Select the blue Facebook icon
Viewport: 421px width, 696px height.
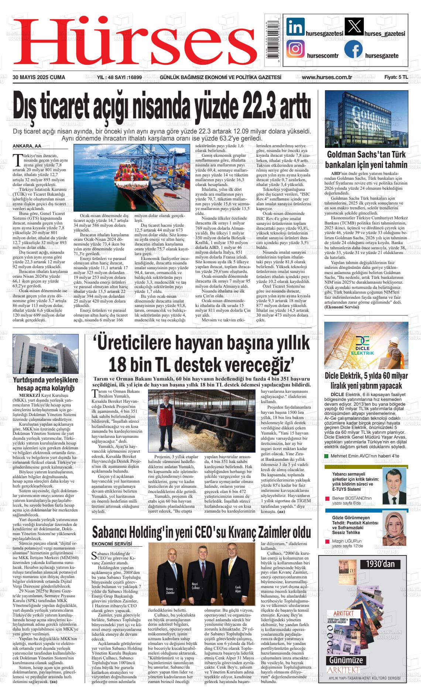(353, 49)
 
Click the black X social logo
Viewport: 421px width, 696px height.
(354, 27)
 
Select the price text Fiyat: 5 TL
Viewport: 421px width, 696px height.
(396, 77)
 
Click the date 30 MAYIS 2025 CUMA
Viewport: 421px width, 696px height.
(39, 77)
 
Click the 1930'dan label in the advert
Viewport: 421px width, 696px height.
(380, 564)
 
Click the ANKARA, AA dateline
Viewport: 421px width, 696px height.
(27, 146)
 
